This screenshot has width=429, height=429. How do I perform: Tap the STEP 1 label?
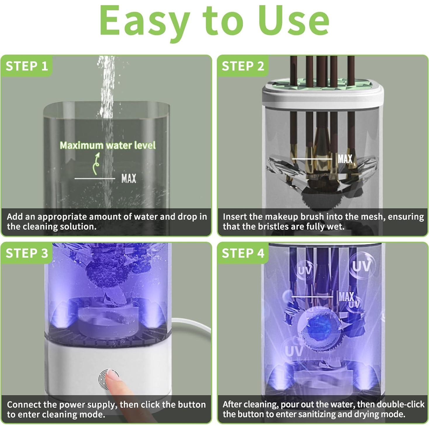point(27,66)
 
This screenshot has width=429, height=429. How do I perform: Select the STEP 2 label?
point(243,66)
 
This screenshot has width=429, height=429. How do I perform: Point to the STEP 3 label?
point(27,253)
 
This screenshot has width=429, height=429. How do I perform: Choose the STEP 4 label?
point(243,253)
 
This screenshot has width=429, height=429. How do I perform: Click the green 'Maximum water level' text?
point(108,145)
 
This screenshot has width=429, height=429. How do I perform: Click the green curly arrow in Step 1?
point(96,164)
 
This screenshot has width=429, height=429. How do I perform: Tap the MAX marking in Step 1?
point(129,178)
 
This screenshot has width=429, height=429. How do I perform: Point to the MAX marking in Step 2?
point(345,159)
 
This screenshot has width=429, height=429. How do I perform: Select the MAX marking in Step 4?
point(346,297)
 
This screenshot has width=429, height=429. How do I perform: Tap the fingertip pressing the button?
point(111,376)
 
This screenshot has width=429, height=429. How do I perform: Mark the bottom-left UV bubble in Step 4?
point(294,351)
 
